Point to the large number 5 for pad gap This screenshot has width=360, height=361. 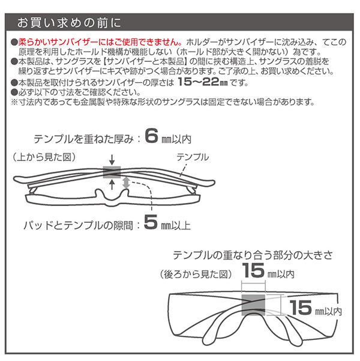tap(150, 225)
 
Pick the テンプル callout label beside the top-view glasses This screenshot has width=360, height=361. tap(193, 157)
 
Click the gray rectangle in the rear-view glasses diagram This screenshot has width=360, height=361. tap(254, 306)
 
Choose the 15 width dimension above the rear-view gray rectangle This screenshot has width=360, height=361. tap(253, 273)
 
